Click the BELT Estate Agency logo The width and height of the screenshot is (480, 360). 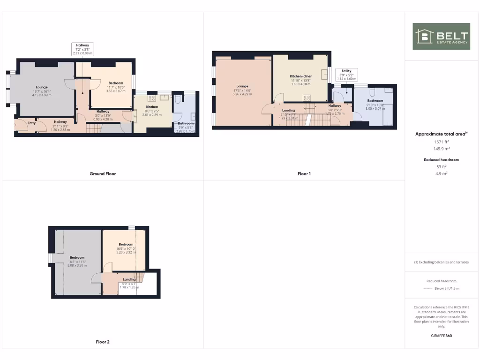point(441,36)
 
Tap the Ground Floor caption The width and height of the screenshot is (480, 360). point(103,174)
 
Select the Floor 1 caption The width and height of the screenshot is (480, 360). point(304,174)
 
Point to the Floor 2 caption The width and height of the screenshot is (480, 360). point(103,342)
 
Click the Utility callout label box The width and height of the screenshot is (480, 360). point(346,75)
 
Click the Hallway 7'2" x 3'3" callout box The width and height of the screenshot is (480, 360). point(82,49)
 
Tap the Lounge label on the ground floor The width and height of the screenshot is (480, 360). point(41,87)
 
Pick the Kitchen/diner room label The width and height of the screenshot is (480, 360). point(301,76)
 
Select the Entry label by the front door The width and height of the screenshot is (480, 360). point(31,123)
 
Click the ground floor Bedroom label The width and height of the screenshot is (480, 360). point(116,82)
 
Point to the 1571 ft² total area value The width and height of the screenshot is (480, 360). point(441,141)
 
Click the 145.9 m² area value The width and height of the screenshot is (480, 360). point(441,148)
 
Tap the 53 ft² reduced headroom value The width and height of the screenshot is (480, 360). point(441,166)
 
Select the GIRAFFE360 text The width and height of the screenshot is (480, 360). point(441,336)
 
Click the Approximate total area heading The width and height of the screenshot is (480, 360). point(441,134)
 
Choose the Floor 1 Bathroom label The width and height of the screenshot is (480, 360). point(375,101)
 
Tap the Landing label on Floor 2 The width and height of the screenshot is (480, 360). point(129,279)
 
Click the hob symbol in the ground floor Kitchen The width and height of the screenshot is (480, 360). point(152,98)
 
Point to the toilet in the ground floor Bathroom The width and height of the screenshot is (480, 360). point(178,99)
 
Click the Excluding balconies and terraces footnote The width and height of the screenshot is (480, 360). point(441,262)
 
